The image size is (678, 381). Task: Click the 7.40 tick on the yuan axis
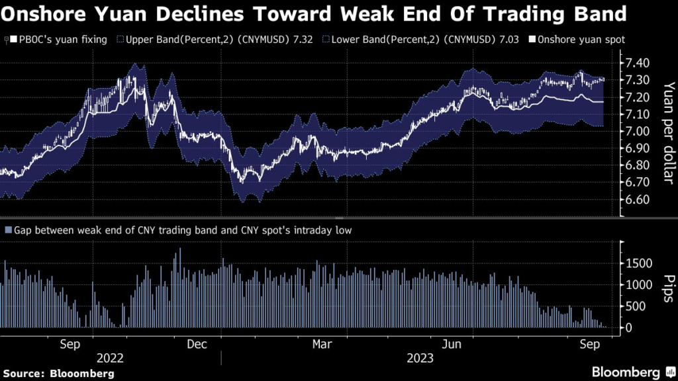[638, 63]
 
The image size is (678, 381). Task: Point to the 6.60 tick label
[638, 200]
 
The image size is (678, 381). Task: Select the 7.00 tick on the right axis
[638, 131]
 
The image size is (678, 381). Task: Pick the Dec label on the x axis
[197, 344]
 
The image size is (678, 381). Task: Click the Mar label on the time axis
[322, 344]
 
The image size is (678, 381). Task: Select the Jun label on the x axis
[451, 344]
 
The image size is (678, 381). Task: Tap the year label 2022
[110, 359]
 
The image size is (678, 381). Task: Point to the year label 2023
[420, 359]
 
